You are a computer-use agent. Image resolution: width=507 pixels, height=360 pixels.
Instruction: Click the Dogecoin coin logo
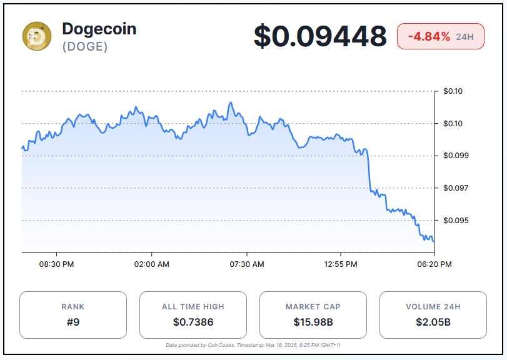[37, 36]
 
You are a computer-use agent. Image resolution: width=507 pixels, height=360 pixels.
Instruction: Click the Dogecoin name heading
[99, 28]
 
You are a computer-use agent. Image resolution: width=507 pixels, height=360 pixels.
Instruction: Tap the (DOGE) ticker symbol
[84, 47]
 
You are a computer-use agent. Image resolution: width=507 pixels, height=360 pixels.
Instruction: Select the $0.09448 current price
[320, 36]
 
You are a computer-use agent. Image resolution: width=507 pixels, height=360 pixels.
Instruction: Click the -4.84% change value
[429, 37]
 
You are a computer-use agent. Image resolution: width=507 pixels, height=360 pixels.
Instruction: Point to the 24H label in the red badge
[465, 37]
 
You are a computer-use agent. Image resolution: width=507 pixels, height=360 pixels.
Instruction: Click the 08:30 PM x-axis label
[57, 264]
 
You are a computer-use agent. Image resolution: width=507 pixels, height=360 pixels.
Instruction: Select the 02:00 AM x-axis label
[152, 264]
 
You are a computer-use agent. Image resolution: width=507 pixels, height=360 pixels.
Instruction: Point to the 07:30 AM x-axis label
[247, 264]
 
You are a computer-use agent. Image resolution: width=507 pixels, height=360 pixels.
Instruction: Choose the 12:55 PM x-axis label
[341, 264]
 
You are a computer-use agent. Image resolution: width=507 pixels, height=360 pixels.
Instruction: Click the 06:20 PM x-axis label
[434, 264]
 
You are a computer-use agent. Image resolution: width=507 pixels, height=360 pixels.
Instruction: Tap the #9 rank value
[73, 322]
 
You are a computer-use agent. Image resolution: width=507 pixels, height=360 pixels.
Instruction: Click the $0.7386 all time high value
[193, 322]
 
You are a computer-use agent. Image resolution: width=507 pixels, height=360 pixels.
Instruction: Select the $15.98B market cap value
[313, 322]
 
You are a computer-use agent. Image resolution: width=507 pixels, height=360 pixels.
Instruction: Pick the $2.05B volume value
[433, 322]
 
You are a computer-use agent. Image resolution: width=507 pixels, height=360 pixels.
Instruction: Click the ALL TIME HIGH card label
[193, 307]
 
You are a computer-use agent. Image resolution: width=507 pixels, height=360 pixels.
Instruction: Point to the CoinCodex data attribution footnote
[253, 345]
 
